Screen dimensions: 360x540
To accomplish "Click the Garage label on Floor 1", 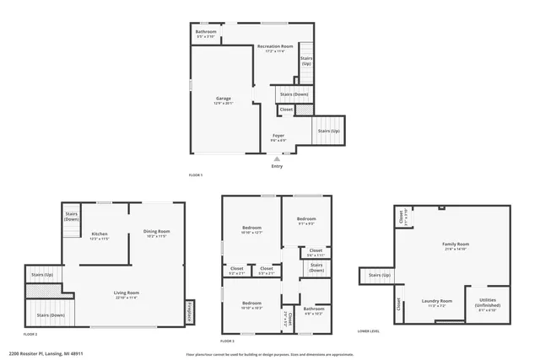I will pos(223,99).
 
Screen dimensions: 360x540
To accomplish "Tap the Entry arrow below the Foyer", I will pos(277,158).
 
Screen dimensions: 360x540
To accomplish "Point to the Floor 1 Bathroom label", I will pos(205,33).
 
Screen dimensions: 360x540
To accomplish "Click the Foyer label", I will pos(278,135).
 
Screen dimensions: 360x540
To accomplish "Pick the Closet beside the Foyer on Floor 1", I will pos(286,109).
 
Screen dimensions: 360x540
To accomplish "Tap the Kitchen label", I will pos(100,235).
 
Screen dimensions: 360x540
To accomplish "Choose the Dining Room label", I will pos(156,233).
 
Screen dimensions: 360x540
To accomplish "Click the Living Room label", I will pos(126,294).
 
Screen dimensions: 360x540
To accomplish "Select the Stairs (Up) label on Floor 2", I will pos(42,275).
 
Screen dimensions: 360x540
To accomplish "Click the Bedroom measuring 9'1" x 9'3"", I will pos(306,221).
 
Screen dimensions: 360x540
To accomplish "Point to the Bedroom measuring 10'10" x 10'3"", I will pos(251,304).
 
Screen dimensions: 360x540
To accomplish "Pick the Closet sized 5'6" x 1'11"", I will pos(316,251).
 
